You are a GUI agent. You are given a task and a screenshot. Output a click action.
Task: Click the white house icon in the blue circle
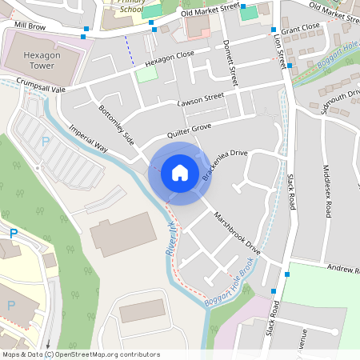coord(179,172)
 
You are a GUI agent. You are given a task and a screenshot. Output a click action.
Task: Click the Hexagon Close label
coord(169,58)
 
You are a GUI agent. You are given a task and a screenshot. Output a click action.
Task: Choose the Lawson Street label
coord(201,100)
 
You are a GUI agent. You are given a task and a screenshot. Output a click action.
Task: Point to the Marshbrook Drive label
coord(237,233)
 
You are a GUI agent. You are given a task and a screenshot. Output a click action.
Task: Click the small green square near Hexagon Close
coord(146,74)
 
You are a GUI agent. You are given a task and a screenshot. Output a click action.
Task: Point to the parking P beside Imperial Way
coord(46,142)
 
